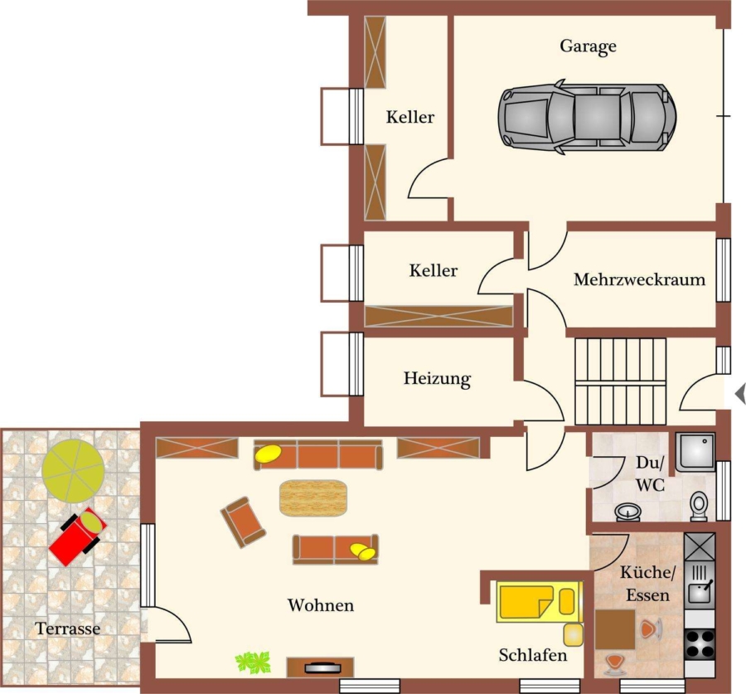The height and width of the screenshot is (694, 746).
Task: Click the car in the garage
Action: [587, 117]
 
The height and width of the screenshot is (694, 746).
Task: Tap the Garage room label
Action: [588, 46]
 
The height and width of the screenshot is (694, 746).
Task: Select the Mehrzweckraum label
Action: [639, 279]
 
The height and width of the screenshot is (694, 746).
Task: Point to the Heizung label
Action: [437, 379]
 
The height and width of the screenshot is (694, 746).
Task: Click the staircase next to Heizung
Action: [620, 381]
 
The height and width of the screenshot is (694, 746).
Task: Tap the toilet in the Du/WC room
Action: [699, 506]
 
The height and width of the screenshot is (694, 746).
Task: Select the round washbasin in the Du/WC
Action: [627, 512]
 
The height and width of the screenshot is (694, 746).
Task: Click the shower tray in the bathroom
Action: [695, 452]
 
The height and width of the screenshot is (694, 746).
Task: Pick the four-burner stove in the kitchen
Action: [700, 643]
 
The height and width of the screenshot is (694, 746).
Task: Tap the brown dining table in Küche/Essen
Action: [615, 630]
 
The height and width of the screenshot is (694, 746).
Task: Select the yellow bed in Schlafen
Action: [540, 601]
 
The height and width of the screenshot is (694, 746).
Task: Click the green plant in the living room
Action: [253, 662]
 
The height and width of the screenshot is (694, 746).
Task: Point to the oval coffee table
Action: [313, 497]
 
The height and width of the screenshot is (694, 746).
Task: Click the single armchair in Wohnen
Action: [243, 522]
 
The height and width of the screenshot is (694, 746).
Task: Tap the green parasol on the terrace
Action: [73, 471]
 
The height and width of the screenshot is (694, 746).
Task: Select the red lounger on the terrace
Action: [77, 536]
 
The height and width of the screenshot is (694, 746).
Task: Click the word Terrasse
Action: [68, 628]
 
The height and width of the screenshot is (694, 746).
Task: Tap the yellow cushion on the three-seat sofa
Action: [268, 454]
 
